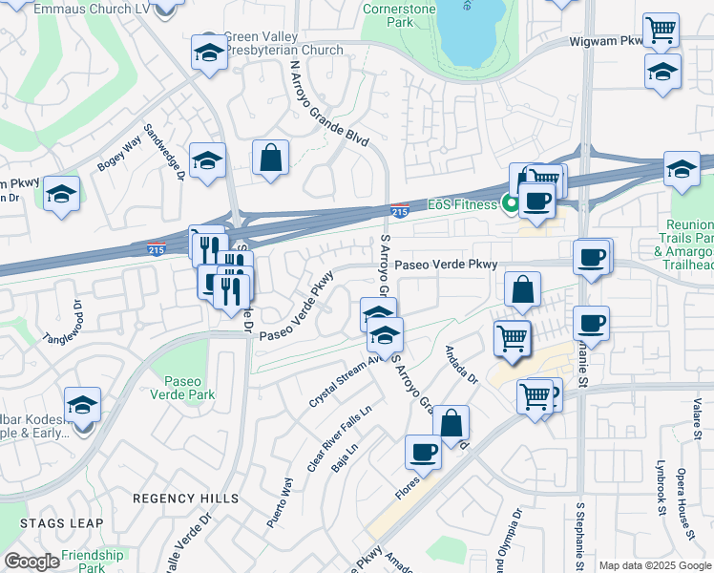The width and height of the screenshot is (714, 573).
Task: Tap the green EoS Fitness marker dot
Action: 511,202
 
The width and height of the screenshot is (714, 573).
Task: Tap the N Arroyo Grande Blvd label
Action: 328,103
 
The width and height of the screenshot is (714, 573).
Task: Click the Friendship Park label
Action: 92,561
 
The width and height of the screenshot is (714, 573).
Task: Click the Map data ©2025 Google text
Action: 655,565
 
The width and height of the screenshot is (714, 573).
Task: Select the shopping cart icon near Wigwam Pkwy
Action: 661,31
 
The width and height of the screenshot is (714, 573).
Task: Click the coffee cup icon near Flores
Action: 423,452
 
